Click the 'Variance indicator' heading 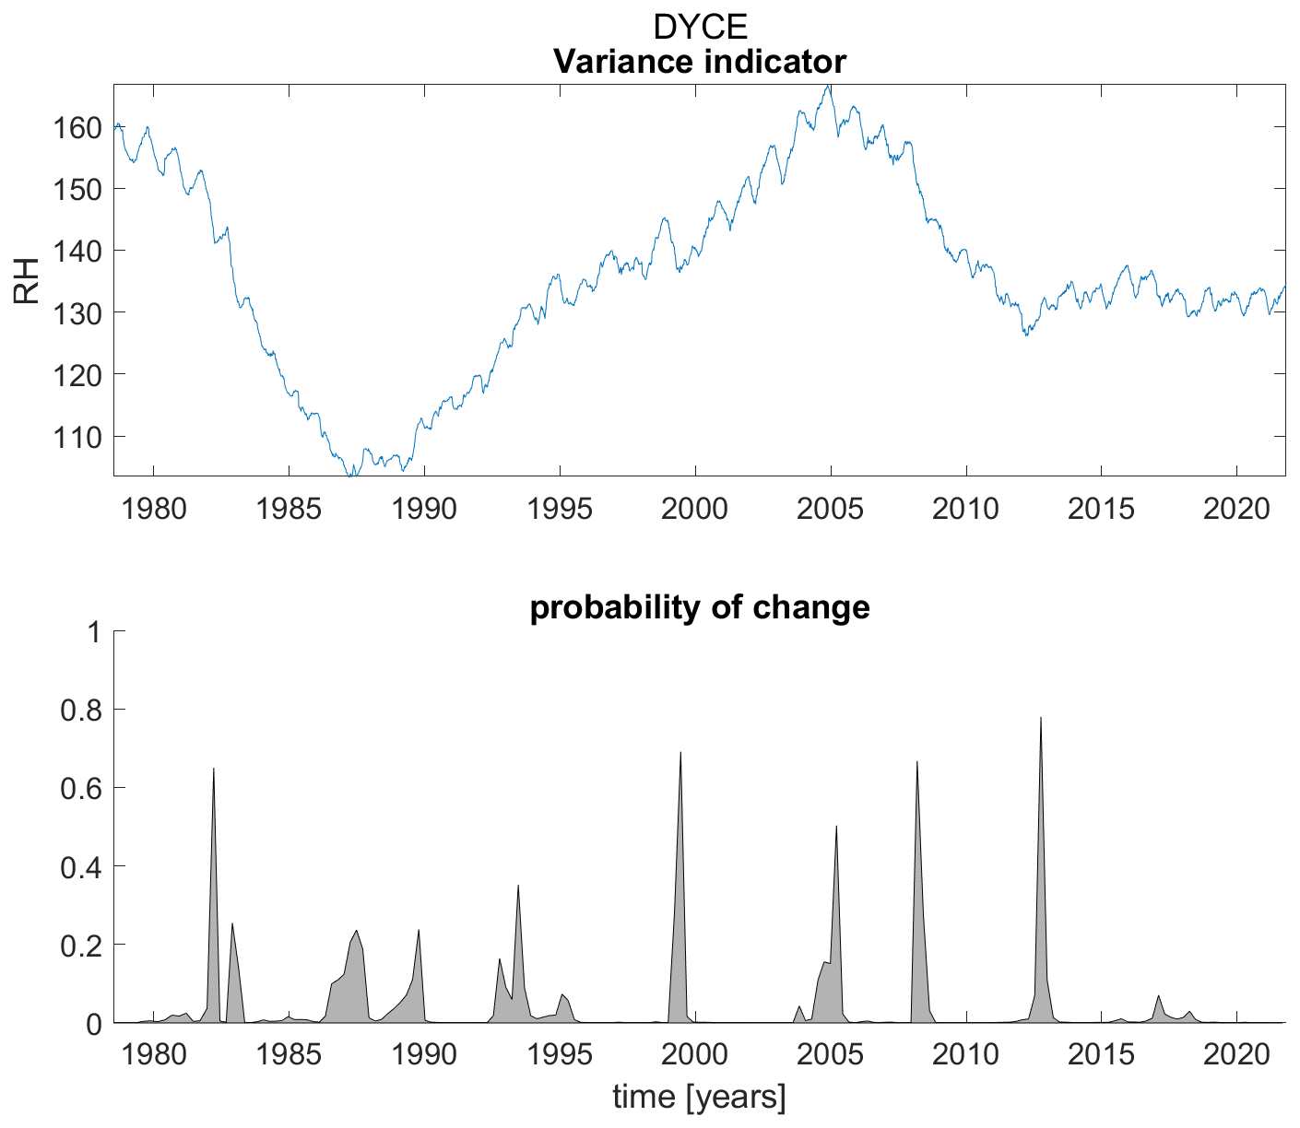[x=699, y=62]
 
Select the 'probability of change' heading [x=699, y=607]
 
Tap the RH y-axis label [x=27, y=281]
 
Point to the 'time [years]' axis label [x=699, y=1097]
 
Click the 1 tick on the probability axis [x=95, y=632]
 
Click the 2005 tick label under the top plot [x=831, y=509]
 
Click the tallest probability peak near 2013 [x=1041, y=718]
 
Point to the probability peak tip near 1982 [x=214, y=769]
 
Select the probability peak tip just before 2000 [x=680, y=753]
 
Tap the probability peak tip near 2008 [x=917, y=762]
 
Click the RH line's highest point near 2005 [x=829, y=86]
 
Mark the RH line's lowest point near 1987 [x=349, y=475]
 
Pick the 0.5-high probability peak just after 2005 [x=836, y=827]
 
